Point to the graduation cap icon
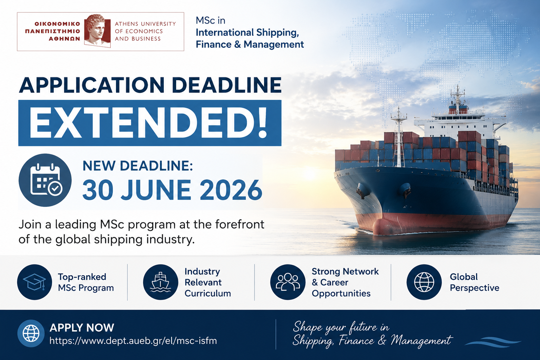[34, 282]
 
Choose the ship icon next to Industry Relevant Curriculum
[161, 282]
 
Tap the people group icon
[288, 282]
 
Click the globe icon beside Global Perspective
[424, 282]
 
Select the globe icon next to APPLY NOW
[31, 334]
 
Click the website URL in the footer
[133, 341]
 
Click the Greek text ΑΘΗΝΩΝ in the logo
[64, 39]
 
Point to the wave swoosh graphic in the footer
[493, 342]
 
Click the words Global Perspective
[474, 282]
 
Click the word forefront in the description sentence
[240, 224]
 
